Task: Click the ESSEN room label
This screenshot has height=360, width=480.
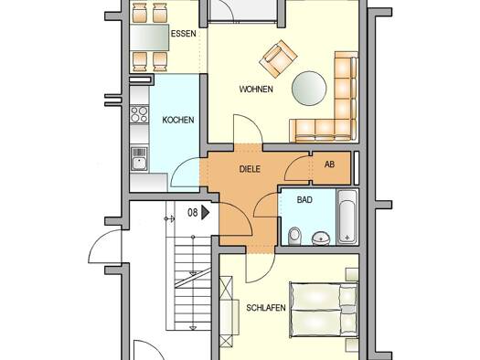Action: point(184,33)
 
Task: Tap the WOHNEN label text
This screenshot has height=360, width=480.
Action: point(256,90)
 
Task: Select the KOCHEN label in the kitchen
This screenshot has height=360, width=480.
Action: point(178,120)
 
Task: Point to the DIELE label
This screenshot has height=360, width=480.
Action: point(250,169)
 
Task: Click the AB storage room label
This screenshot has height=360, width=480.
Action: point(329,164)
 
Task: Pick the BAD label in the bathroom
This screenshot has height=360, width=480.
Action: point(304,200)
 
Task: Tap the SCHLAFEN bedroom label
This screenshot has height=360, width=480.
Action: point(266,308)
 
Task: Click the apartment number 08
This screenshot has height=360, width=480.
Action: point(192,212)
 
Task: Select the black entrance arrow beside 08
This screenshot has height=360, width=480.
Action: point(205,212)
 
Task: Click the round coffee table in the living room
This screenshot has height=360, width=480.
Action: point(309,89)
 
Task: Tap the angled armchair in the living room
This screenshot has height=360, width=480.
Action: point(278,58)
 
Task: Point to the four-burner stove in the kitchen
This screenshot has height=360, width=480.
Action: point(139,114)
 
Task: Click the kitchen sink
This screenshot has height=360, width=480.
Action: point(139,159)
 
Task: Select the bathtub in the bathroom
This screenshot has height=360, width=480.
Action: point(347,217)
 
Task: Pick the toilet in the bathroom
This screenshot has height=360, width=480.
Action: point(294,237)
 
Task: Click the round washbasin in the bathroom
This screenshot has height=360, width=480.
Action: point(321,238)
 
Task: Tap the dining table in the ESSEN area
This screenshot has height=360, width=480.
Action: point(149,37)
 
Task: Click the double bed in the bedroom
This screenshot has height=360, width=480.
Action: point(324,310)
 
